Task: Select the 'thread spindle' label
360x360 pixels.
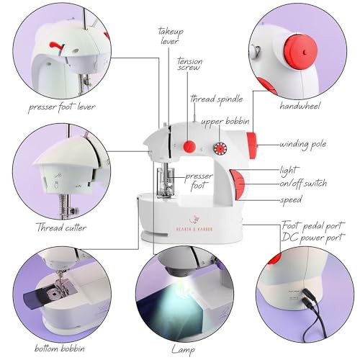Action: point(215,99)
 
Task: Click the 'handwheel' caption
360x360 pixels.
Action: point(300,106)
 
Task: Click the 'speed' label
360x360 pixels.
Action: point(292,199)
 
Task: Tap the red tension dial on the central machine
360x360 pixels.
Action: point(189,147)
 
